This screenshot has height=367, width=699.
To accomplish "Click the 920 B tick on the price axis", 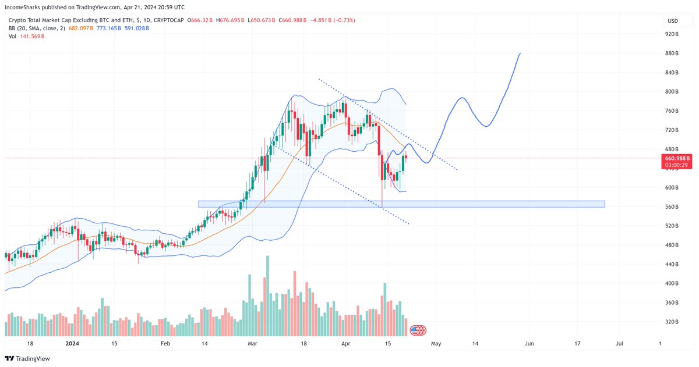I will (672, 34).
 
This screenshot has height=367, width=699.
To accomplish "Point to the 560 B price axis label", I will (672, 206).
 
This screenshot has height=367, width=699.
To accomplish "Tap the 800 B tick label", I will (672, 91).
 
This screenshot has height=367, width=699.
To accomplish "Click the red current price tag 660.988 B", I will (676, 158).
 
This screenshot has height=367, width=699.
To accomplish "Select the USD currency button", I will (672, 21).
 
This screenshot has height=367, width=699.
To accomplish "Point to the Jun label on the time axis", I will (529, 344).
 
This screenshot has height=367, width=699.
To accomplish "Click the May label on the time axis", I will (436, 344).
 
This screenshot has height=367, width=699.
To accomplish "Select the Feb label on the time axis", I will (165, 344).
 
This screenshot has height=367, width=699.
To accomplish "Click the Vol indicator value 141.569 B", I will (32, 36).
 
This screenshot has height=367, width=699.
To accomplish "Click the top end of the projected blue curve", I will (520, 54).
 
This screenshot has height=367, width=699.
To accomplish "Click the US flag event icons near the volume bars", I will (418, 330).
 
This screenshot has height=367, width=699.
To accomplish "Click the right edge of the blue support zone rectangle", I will (605, 204).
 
